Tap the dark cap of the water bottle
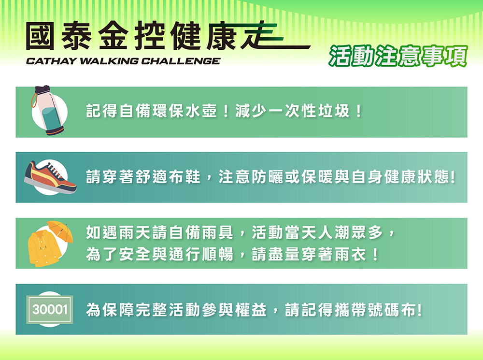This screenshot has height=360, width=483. [x=43, y=90]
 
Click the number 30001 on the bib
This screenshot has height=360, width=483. [x=50, y=309]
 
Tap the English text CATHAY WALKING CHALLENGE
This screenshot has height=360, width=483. [x=123, y=61]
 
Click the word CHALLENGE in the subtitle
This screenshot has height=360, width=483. [x=181, y=61]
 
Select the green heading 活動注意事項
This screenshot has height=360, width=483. [x=398, y=56]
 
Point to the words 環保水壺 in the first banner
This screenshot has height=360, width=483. [x=185, y=111]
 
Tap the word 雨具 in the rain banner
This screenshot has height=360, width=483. [x=217, y=232]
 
